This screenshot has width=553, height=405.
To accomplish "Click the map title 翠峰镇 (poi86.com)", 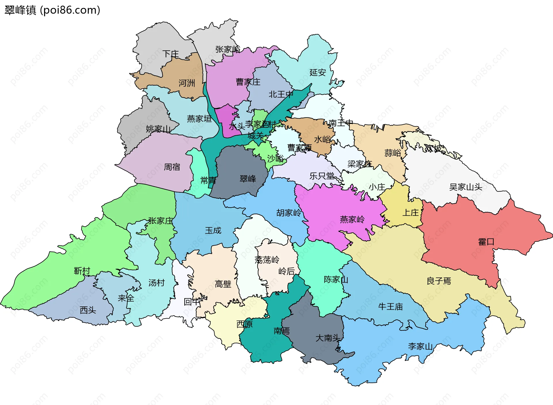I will [x=52, y=10].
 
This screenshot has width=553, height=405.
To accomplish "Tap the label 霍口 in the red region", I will [x=486, y=242].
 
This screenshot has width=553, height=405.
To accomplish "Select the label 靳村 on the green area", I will [x=82, y=271].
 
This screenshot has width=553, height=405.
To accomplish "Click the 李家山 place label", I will [x=420, y=346].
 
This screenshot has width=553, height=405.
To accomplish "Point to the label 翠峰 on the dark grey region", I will [x=248, y=179].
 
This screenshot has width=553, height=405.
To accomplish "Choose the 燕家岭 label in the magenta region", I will [x=352, y=219].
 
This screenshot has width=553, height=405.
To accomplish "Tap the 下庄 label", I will [x=171, y=54].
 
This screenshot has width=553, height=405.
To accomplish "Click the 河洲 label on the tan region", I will [x=187, y=83].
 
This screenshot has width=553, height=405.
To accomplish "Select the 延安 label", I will [x=318, y=72].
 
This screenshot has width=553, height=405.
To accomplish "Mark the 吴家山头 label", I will [x=465, y=187].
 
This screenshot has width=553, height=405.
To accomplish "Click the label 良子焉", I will [x=439, y=281].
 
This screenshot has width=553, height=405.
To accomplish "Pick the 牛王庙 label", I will [x=390, y=307].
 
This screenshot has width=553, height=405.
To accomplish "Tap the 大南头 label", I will [x=328, y=338].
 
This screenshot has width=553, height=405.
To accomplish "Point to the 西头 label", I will [x=88, y=310].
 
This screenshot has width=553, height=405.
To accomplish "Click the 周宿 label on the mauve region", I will [x=172, y=167].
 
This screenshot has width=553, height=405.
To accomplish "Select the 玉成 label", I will [x=213, y=230].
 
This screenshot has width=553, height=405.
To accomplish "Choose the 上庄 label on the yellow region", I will [x=410, y=213].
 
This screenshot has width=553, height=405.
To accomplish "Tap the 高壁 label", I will [x=223, y=284].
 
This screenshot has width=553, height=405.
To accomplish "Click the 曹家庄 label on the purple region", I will [x=248, y=82].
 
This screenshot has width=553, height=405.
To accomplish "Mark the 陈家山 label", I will [x=336, y=279].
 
